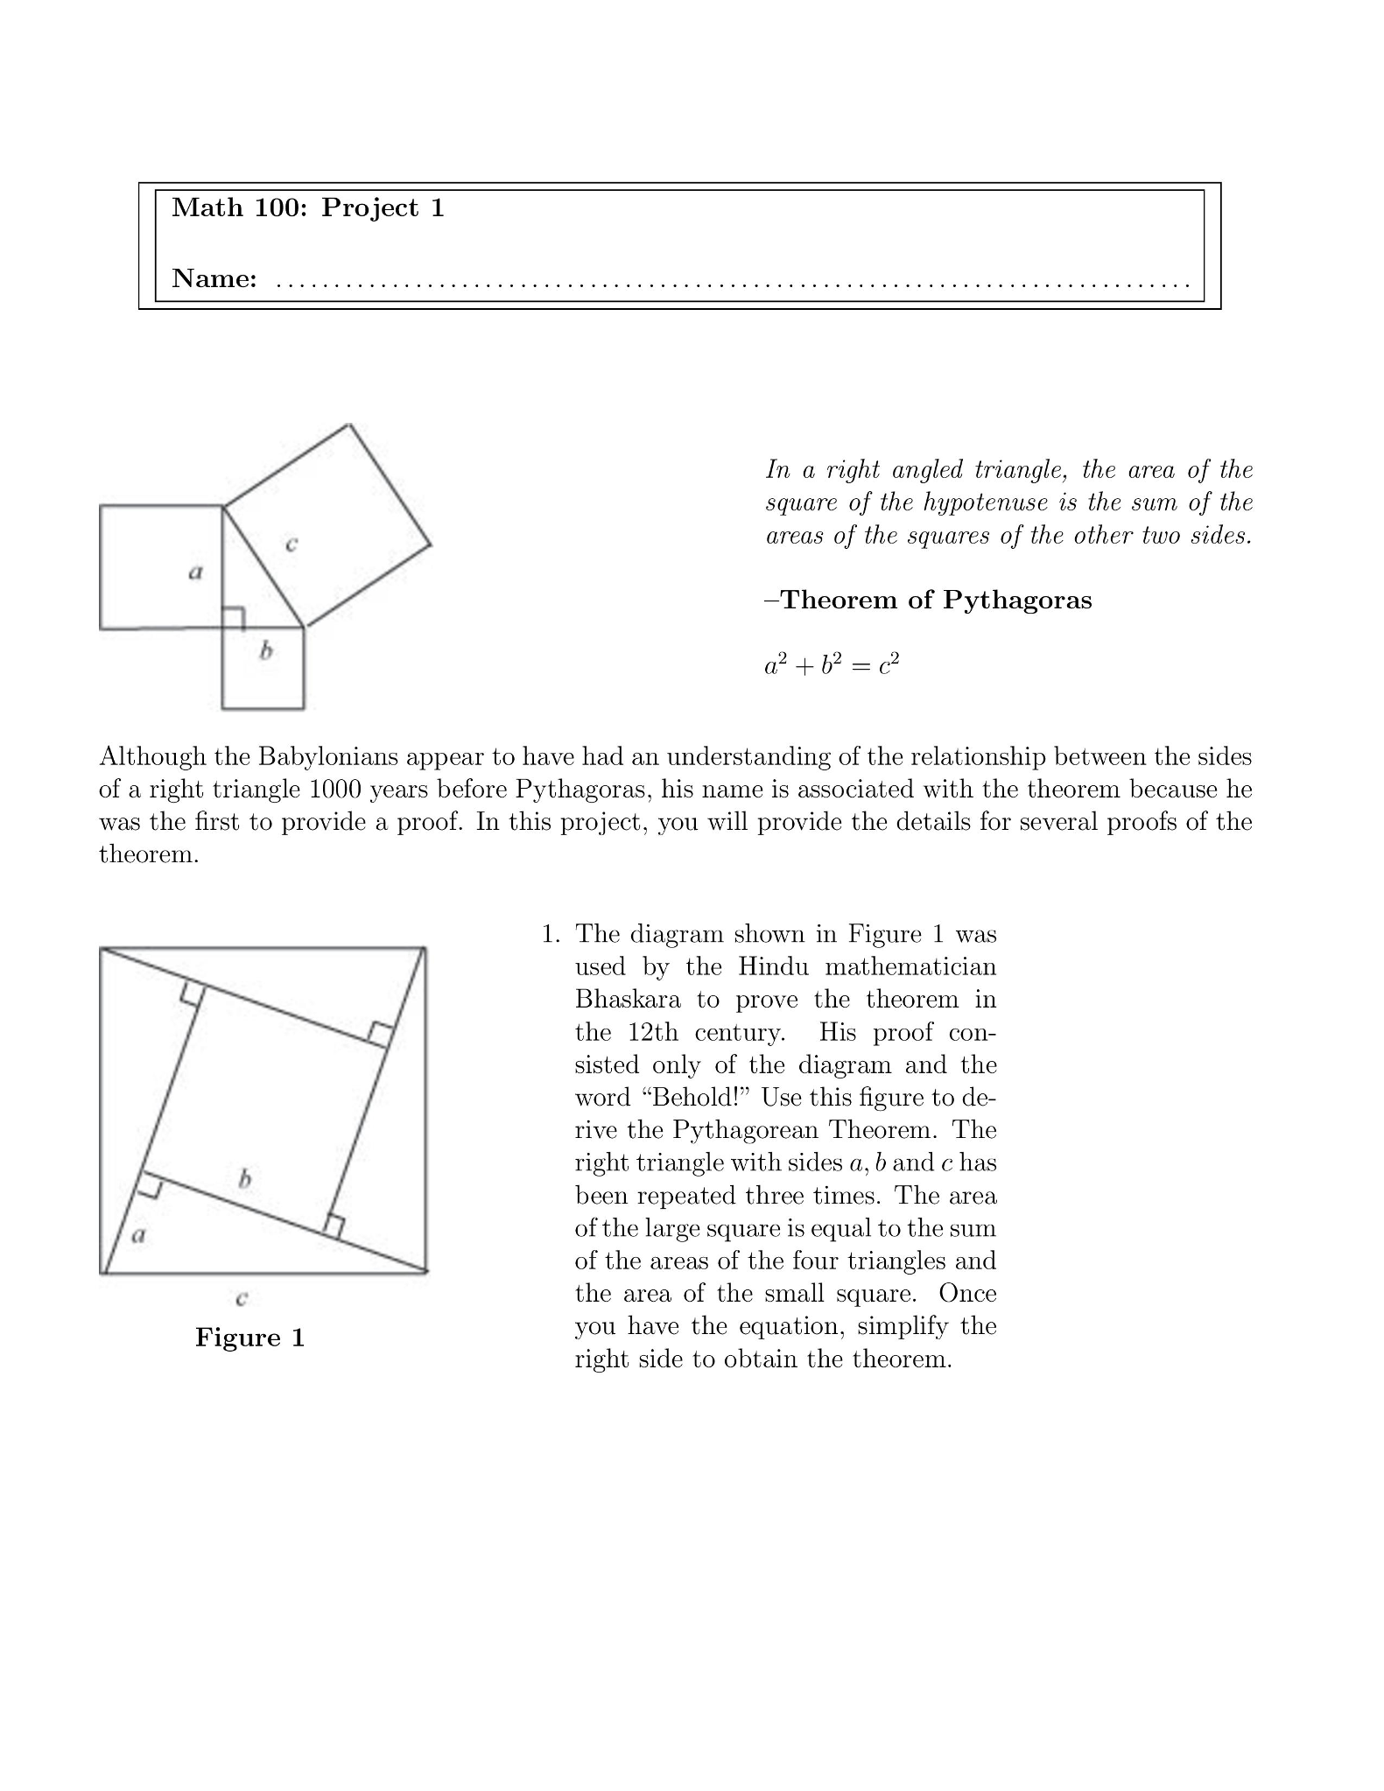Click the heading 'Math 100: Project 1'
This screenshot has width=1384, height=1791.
pos(308,207)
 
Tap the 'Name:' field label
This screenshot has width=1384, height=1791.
pos(214,278)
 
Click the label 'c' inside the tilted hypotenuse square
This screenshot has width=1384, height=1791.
pos(292,544)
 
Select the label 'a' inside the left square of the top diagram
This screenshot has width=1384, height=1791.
pos(195,572)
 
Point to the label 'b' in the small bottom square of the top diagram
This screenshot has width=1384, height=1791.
pos(266,650)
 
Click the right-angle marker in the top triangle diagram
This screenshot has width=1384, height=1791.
pos(233,618)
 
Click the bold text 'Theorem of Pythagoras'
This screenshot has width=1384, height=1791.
pos(936,600)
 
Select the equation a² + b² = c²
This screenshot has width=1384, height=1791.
pos(832,665)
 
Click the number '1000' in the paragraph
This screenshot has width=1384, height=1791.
pos(335,789)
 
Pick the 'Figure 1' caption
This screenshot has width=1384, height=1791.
pos(249,1337)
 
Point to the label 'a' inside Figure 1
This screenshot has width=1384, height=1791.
pos(137,1235)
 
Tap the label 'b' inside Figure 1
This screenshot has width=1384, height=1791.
pos(245,1179)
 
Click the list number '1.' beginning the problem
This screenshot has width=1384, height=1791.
pos(550,934)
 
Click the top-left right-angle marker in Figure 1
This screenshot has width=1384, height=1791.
pos(193,994)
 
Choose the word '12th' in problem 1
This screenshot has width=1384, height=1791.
pos(653,1032)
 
